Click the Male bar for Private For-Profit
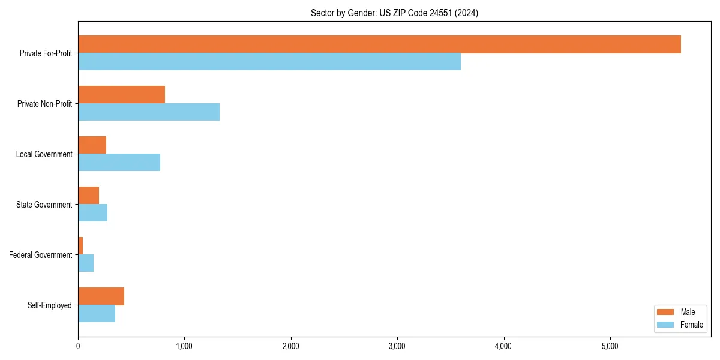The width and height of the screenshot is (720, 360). coord(379,44)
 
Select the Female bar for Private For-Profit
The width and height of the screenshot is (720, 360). coord(269,62)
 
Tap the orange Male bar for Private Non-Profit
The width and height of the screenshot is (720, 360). coord(121,95)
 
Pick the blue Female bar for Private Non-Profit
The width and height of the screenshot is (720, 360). coord(149,112)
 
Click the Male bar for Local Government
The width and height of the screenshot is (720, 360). coord(92,145)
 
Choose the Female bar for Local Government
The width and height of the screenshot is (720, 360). coord(119,163)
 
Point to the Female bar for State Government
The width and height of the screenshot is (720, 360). coord(92,213)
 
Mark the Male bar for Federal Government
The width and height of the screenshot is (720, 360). coord(80,246)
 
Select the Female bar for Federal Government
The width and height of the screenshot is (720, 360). coord(86,263)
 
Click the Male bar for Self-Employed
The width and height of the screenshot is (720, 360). coord(101,296)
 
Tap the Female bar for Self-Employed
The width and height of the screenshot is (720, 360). coord(97,314)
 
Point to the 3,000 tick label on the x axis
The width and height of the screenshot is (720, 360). coord(397,346)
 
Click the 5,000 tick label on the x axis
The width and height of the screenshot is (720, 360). coord(610,346)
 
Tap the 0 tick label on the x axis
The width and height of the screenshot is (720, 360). coord(78,346)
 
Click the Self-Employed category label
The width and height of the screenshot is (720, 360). coord(49,305)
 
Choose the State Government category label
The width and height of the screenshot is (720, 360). coord(44,205)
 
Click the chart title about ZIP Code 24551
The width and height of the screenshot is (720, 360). coord(394,13)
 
